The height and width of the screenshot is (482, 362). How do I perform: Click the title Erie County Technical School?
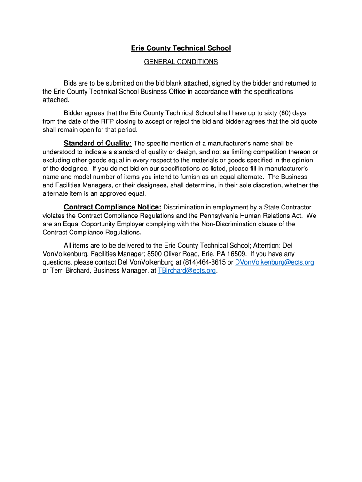[181, 48]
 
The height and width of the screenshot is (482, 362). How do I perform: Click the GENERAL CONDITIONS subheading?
[181, 62]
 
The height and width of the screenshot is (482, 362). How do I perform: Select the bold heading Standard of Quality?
[97, 143]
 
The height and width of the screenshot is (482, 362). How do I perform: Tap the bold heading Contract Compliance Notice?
[112, 207]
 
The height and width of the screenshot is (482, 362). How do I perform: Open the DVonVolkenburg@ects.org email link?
[275, 262]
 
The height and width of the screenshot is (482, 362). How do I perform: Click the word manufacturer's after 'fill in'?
[294, 169]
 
